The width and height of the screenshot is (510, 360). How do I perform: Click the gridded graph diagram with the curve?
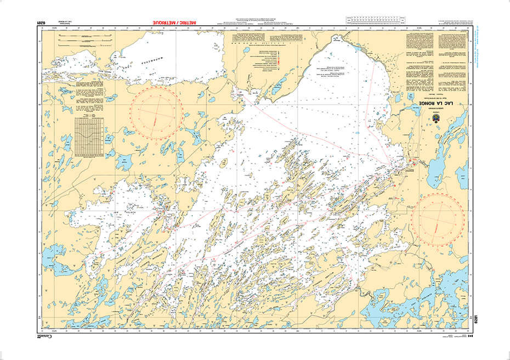coord(89,134)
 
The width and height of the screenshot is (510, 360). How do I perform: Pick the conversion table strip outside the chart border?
coord(376,21)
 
